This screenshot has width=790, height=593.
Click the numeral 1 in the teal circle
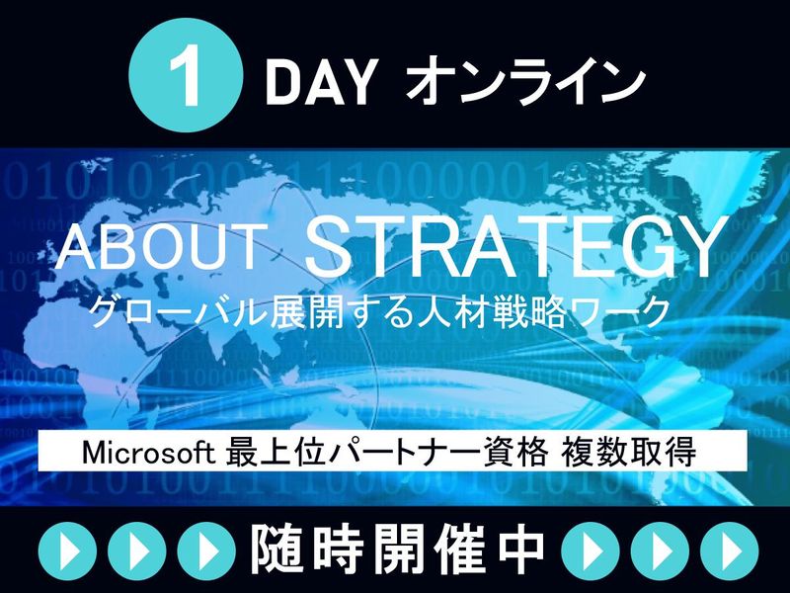(186, 76)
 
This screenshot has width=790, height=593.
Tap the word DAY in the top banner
(322, 82)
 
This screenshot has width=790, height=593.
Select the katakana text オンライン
(525, 81)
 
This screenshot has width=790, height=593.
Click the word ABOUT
(162, 248)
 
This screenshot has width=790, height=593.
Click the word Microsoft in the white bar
(149, 453)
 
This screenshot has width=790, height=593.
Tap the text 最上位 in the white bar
(276, 452)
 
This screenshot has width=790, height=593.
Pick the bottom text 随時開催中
(398, 551)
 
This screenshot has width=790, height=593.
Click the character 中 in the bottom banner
(521, 551)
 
